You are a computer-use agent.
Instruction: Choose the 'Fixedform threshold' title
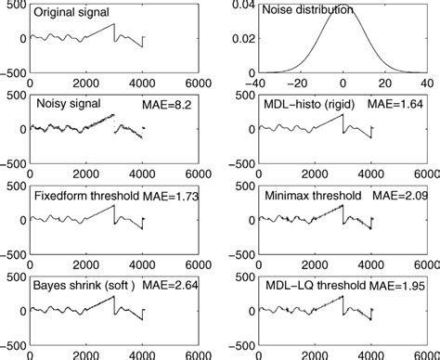point(86,196)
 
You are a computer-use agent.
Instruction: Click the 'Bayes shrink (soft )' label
point(86,286)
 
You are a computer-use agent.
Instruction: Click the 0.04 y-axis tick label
point(243,6)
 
